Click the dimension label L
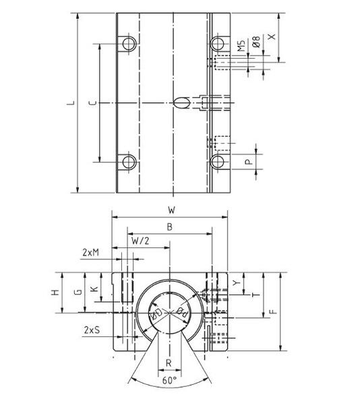70,103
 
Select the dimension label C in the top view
92,103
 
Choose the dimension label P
248,162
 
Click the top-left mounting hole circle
128,44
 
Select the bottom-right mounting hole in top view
217,162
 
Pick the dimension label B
169,227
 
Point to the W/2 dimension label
140,240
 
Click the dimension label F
272,311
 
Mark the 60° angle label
170,381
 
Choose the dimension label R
169,363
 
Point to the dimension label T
253,295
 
